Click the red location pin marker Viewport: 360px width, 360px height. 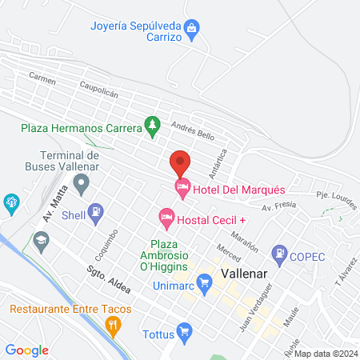[x=180, y=162]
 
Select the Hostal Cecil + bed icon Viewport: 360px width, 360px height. [x=166, y=217]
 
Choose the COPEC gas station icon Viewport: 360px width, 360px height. [x=279, y=255]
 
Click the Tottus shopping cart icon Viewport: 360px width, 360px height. [x=185, y=330]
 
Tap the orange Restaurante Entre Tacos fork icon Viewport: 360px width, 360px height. [x=113, y=324]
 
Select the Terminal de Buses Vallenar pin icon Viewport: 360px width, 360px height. [x=81, y=185]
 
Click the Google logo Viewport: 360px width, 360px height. [x=27, y=349]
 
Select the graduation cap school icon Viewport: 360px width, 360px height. [x=41, y=238]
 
